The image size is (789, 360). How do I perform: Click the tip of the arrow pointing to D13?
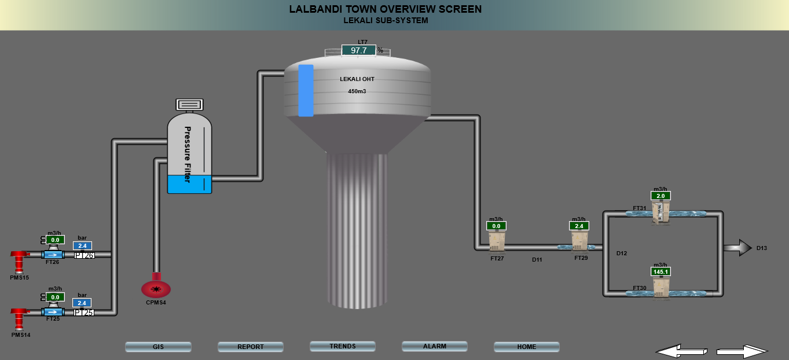point(752,248)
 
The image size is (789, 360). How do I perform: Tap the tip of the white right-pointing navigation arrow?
point(768,351)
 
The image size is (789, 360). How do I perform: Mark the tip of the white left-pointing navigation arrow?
point(656,351)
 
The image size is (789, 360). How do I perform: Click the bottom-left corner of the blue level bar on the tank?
point(299,116)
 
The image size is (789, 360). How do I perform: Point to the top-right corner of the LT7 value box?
point(376,45)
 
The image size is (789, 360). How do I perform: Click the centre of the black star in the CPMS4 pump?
point(156,289)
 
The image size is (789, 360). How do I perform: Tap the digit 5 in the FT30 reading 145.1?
point(662,271)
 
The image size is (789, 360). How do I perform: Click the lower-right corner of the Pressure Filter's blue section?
point(211,193)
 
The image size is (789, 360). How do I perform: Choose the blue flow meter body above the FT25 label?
point(53,312)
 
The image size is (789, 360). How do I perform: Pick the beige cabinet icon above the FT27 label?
point(497,242)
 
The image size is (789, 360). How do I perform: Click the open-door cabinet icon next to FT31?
point(660,212)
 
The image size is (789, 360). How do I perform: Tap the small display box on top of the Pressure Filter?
point(189,105)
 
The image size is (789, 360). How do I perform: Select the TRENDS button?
point(342,346)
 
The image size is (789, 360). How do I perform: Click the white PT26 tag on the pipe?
point(84,255)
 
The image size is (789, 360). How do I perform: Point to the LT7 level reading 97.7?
point(358,50)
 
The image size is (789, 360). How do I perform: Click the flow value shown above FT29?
point(579,226)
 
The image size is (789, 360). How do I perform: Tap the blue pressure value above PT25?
point(82,303)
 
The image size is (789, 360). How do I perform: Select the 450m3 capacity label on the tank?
point(357,91)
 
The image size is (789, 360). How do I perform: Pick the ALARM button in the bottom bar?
point(435,346)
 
